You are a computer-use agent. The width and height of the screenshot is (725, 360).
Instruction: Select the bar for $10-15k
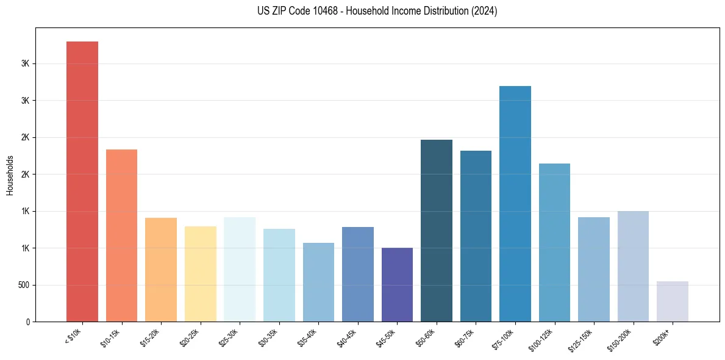click(x=121, y=236)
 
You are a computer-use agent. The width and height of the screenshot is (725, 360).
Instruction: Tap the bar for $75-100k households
click(x=515, y=204)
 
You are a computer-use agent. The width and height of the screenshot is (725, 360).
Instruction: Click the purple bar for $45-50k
click(x=397, y=284)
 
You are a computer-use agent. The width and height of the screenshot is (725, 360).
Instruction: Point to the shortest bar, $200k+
click(x=673, y=301)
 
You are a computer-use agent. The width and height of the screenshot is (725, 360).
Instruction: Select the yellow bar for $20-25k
click(x=201, y=274)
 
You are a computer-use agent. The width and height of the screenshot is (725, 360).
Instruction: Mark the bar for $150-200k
click(x=633, y=266)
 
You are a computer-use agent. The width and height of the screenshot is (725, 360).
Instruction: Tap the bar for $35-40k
click(x=318, y=282)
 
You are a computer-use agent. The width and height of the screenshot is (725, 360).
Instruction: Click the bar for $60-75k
click(x=476, y=236)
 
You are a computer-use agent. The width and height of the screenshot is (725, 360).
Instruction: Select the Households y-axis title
click(x=10, y=175)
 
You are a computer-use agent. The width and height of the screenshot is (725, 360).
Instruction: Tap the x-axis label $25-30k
click(x=228, y=337)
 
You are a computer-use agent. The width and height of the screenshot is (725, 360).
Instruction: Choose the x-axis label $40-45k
click(x=346, y=337)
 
